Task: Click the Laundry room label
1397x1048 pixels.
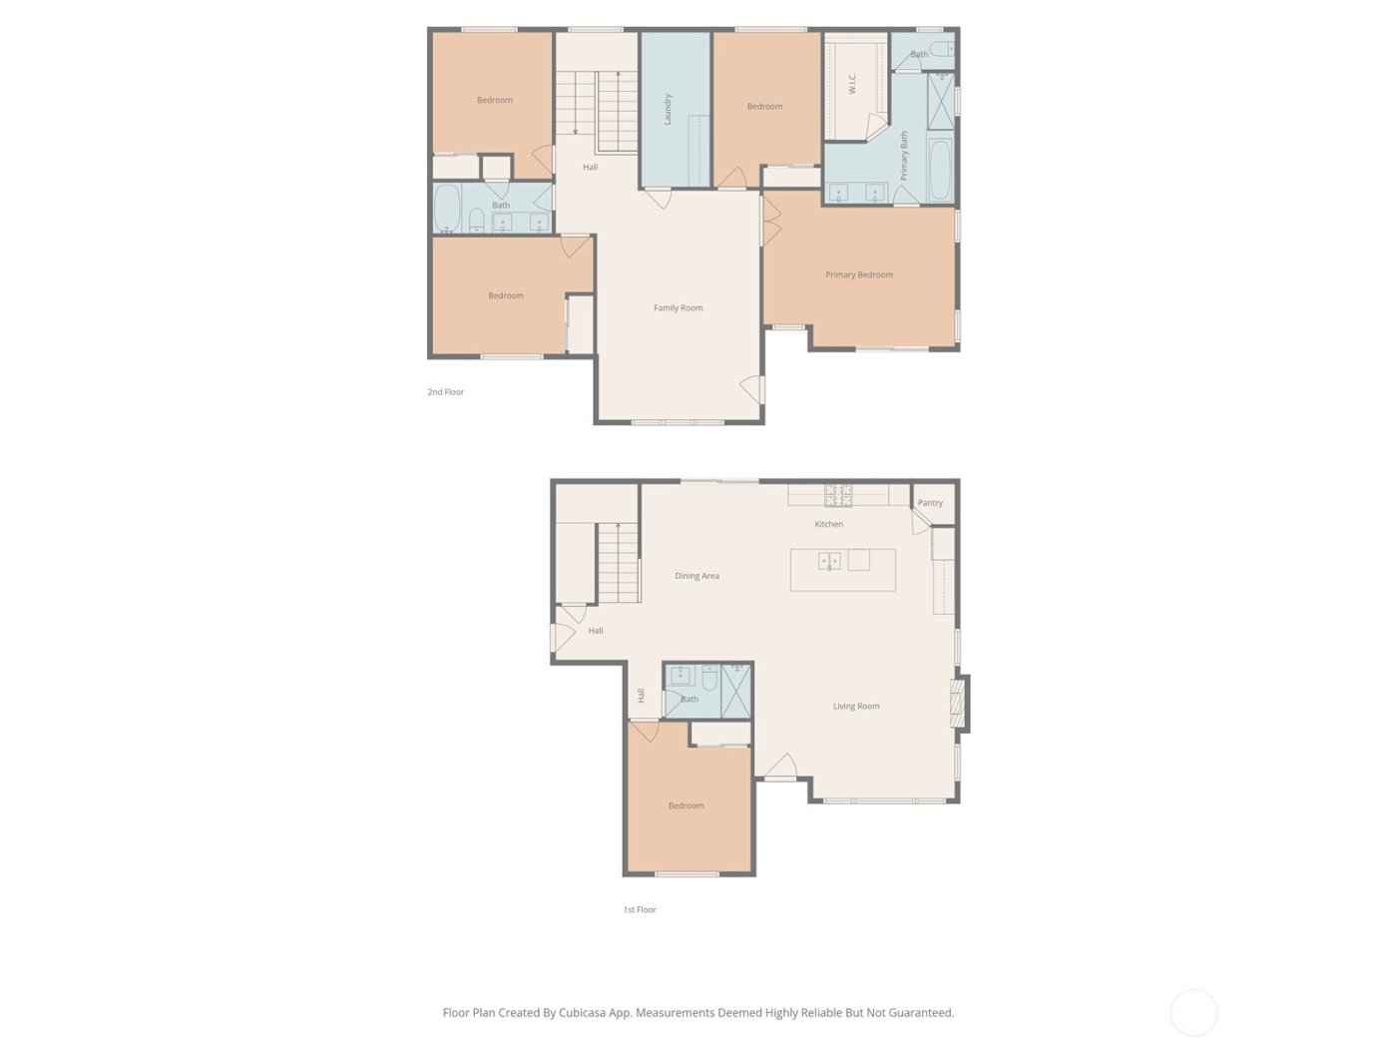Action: [x=668, y=109]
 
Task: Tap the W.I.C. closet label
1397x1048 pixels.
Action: [x=852, y=83]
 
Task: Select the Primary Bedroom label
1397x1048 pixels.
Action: [x=859, y=274]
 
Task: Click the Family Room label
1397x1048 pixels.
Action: [x=678, y=307]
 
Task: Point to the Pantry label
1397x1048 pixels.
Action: [x=930, y=503]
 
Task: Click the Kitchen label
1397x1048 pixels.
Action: [x=828, y=524]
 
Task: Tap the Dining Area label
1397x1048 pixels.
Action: [x=697, y=576]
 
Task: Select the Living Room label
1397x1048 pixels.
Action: [x=856, y=706]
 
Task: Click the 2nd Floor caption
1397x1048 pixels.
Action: [x=445, y=392]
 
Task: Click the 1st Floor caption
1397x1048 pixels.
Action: [x=640, y=909]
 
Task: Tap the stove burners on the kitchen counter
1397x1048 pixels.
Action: [x=838, y=494]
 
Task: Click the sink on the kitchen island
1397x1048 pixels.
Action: [x=829, y=561]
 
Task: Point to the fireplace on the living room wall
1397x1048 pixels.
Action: [x=959, y=704]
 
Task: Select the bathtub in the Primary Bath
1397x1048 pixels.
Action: [x=940, y=170]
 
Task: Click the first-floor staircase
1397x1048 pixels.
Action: [x=618, y=563]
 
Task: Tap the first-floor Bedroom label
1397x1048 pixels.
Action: [x=686, y=805]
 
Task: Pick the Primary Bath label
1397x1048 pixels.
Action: [x=904, y=155]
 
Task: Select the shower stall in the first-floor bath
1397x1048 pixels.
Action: [x=735, y=690]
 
